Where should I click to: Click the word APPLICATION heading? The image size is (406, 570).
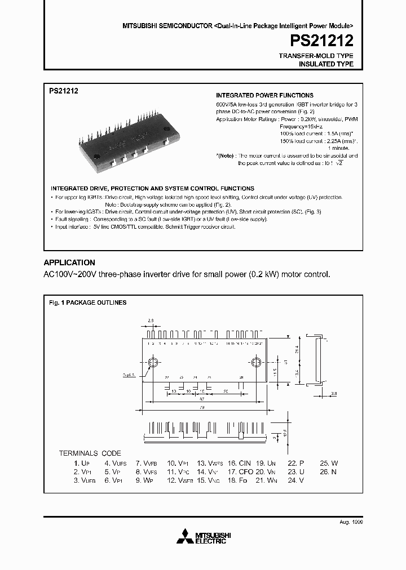(69, 262)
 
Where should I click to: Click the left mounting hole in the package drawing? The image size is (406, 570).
(152, 362)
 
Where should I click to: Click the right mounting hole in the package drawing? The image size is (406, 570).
(255, 362)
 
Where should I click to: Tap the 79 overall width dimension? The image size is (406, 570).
(202, 407)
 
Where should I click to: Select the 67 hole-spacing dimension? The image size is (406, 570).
(202, 397)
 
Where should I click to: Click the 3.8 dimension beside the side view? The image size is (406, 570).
(333, 394)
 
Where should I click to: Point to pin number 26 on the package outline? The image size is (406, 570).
(241, 377)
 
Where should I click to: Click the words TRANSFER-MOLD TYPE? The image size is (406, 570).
(316, 56)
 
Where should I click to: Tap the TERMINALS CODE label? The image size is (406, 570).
(90, 453)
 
